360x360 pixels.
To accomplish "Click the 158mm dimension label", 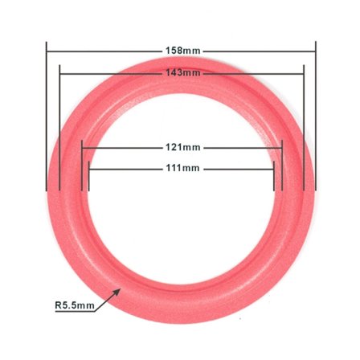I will coord(182,51).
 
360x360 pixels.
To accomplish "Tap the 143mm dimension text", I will coord(182,73).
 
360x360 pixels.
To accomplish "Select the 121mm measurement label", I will coord(183,147).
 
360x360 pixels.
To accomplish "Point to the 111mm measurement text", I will coord(182,168).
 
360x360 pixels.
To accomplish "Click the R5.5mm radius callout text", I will coord(74,305).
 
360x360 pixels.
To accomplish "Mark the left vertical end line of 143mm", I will coord(60,129).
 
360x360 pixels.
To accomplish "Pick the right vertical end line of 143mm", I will coord(304,129).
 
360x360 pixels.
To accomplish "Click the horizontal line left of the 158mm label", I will coord(104,51).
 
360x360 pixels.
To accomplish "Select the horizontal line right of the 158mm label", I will coord(257,51).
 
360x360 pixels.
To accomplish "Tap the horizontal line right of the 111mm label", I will coord(237,168).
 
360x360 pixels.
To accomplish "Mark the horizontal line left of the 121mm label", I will coord(121,147).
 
